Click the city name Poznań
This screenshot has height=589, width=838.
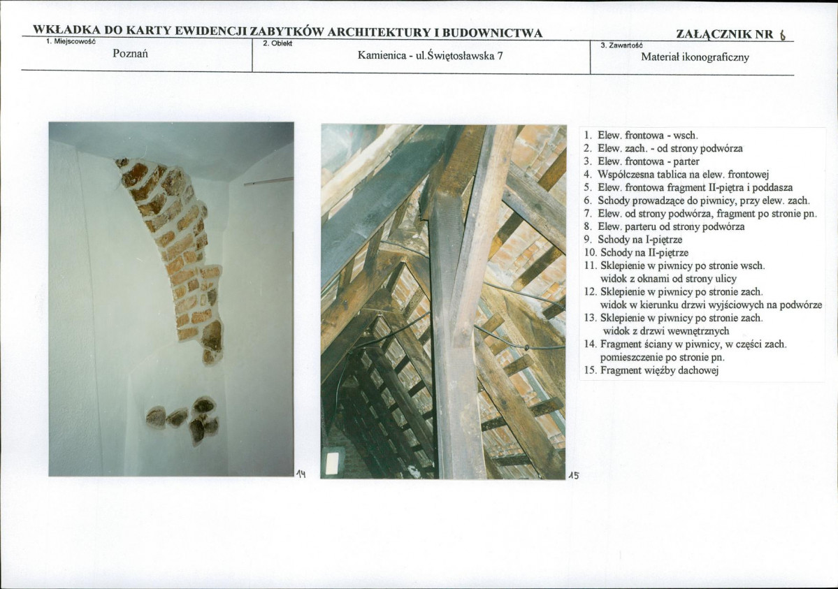(131, 54)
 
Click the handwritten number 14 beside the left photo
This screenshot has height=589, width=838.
(301, 474)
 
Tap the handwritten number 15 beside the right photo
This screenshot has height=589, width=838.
(573, 474)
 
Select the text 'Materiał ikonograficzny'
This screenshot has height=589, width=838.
(695, 57)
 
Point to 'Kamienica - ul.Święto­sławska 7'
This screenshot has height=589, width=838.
(431, 56)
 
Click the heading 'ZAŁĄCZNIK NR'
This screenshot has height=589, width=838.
(725, 35)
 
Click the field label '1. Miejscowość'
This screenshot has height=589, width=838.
(70, 41)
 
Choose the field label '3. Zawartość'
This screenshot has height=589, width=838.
(621, 46)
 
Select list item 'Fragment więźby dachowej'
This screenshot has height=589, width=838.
(659, 370)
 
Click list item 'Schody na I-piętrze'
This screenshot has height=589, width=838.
(640, 240)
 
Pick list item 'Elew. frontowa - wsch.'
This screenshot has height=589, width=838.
(648, 136)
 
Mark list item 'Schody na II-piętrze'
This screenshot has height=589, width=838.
(644, 252)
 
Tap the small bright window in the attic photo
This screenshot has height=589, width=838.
(333, 463)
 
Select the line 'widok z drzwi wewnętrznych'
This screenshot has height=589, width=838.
(666, 331)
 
